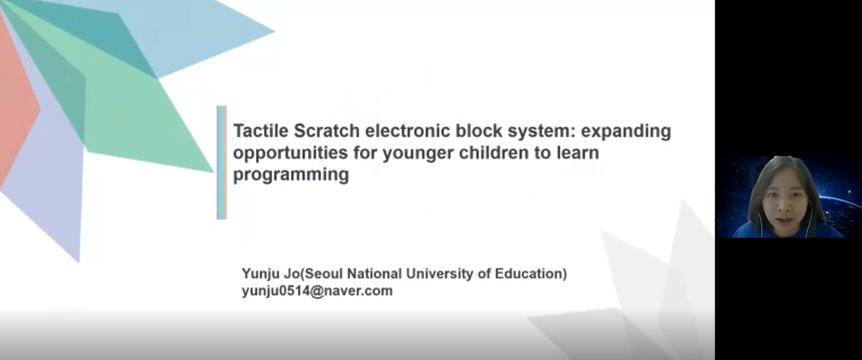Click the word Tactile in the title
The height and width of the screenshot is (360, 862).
click(261, 131)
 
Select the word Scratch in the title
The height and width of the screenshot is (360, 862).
click(327, 131)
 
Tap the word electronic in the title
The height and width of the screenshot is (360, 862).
click(407, 131)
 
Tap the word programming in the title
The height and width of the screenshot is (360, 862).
click(291, 175)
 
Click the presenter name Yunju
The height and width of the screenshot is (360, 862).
click(261, 274)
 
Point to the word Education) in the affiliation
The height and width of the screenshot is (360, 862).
click(531, 273)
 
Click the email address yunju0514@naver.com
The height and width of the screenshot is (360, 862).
click(317, 291)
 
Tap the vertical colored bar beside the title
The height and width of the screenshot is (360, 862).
click(222, 162)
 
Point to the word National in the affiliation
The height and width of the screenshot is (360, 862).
click(375, 273)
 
